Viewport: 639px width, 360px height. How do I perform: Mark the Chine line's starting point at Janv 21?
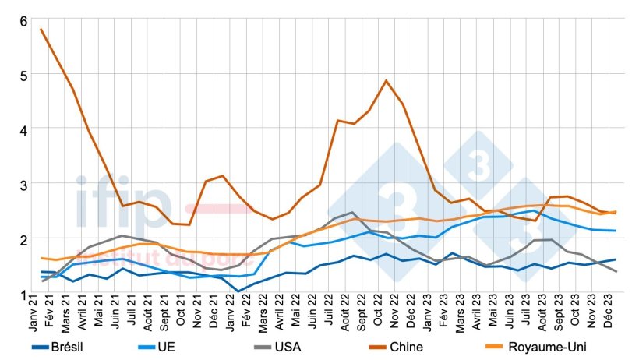[x=41, y=30]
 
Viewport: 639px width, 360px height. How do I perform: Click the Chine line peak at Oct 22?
[x=387, y=80]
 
